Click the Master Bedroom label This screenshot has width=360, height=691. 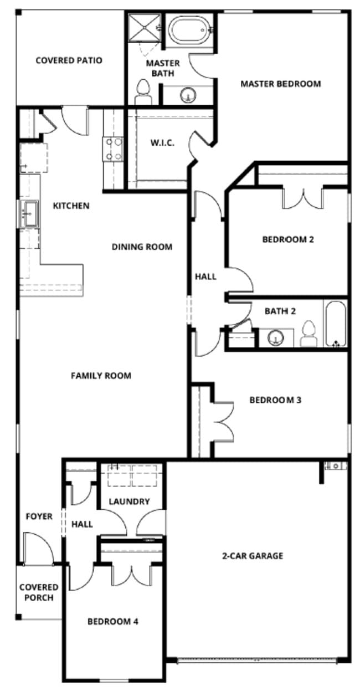280,84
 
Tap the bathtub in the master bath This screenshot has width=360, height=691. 190,30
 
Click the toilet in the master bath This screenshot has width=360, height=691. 144,91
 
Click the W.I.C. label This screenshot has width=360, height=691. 162,143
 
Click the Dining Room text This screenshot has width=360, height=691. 142,247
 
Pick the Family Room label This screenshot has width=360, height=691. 101,376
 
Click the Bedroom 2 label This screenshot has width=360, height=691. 288,239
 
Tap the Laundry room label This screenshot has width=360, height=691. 129,501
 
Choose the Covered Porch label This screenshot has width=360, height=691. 38,592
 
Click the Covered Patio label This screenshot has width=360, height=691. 69,60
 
